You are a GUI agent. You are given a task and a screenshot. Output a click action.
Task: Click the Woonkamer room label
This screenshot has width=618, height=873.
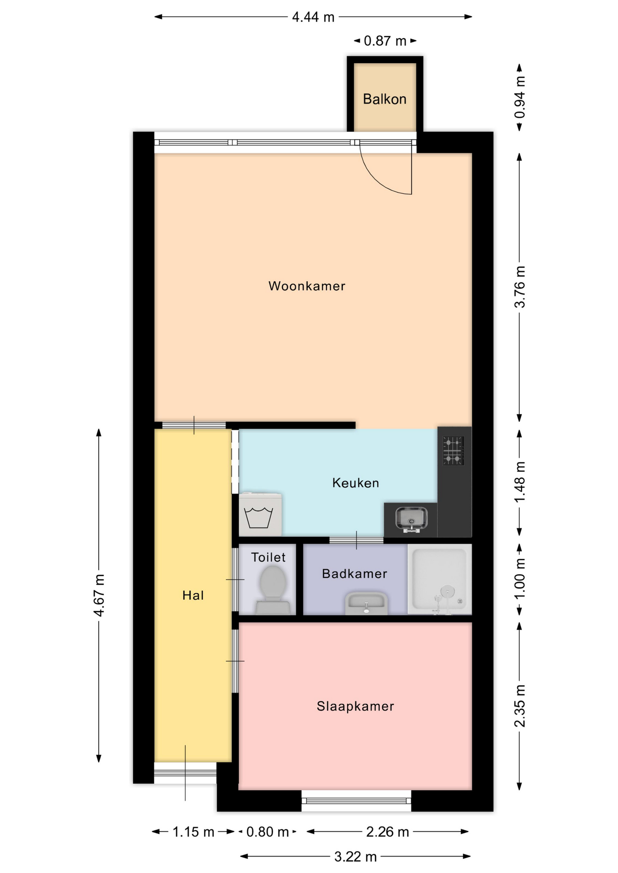tap(307, 286)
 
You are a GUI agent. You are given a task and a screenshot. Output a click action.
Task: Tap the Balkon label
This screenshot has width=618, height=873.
tap(385, 99)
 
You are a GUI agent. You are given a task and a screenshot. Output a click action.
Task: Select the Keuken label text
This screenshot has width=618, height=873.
tap(355, 483)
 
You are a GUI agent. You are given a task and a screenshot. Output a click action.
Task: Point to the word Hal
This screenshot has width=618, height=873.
tap(193, 595)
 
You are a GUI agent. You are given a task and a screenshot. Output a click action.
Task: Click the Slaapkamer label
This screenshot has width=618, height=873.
tap(355, 706)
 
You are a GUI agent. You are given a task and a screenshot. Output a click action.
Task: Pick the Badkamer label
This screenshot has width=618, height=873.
tap(355, 574)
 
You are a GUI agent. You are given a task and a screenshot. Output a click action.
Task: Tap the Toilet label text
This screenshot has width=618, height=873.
tap(268, 557)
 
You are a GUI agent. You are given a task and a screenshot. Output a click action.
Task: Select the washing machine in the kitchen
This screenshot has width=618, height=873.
tap(260, 514)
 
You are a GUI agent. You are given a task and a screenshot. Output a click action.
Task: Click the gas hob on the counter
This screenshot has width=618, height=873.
tap(454, 451)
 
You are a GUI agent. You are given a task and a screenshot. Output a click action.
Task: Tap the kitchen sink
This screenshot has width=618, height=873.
tap(411, 519)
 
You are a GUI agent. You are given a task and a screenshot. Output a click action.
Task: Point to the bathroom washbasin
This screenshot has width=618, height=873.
tap(366, 603)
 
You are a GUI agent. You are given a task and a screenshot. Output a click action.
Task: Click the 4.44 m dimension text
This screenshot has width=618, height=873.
tap(313, 17)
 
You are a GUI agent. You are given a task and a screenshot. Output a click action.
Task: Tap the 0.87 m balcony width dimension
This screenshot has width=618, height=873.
tap(385, 41)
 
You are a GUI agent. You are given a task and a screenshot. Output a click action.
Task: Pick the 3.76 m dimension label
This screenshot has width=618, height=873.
tap(520, 287)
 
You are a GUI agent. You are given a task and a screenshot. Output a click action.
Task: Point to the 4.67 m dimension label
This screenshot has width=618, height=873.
tap(99, 595)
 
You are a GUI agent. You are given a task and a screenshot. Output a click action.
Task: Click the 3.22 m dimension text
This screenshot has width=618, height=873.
tap(355, 857)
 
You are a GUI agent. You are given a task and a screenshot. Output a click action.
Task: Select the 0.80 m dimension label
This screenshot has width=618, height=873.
tap(268, 832)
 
